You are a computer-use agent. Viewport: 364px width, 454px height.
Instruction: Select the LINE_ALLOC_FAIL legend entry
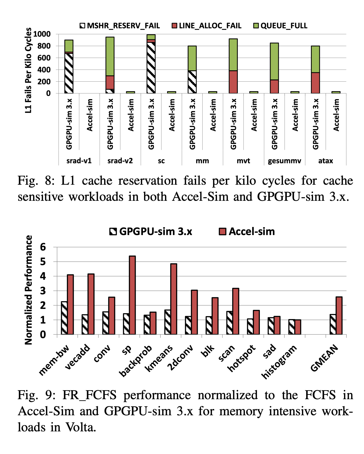click(206, 26)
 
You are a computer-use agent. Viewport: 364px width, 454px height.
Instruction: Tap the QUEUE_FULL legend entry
click(280, 26)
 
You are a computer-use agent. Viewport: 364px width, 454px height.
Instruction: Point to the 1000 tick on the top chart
click(42, 34)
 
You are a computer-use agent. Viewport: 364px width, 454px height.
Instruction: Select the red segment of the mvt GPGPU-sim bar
click(233, 82)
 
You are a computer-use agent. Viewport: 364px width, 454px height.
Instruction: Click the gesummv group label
click(284, 161)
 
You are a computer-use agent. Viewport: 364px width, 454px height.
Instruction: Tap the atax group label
click(326, 161)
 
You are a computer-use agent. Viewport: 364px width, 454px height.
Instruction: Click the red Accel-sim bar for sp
click(132, 295)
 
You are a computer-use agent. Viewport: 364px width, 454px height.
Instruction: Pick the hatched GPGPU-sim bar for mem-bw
click(64, 318)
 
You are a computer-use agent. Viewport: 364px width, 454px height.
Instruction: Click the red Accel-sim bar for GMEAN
click(339, 315)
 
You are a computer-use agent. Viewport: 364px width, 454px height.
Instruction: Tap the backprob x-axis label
click(136, 360)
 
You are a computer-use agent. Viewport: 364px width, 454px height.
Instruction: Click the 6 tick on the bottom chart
click(43, 247)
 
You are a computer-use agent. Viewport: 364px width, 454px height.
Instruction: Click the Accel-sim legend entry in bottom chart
click(247, 231)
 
